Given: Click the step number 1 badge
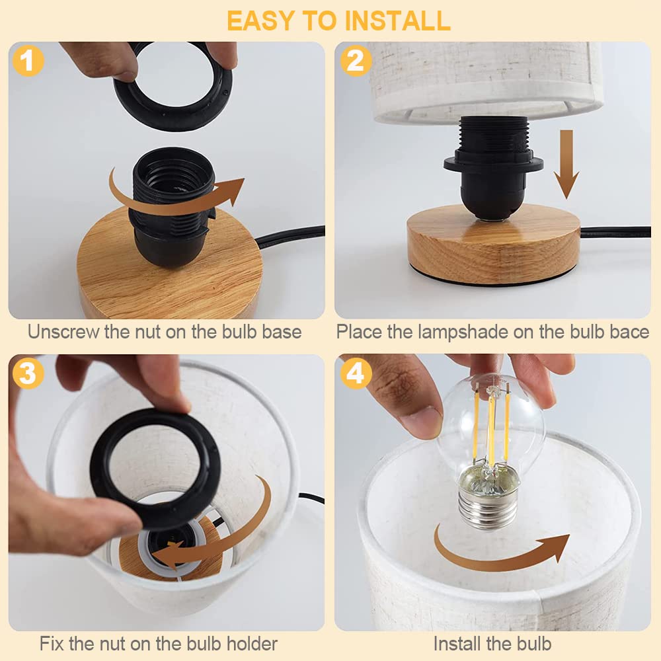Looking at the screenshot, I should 28,61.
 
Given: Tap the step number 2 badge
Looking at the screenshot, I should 355,61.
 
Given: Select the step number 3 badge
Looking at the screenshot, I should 28,373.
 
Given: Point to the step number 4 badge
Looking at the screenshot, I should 355,373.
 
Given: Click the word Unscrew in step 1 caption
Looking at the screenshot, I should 63,332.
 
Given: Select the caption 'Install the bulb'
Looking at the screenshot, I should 492,643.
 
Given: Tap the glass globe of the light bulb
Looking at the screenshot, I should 490,430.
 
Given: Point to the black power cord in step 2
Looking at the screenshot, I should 615,232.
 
